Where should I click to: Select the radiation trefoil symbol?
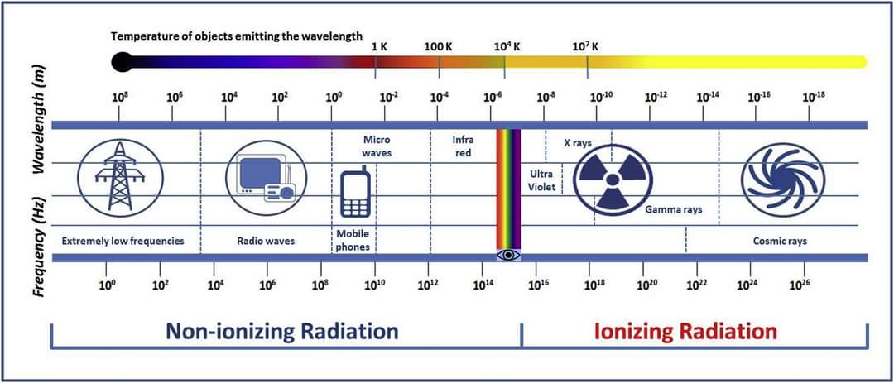tap(612, 180)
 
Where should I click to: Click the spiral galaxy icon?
tap(781, 180)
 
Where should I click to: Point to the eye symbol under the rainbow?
tap(508, 255)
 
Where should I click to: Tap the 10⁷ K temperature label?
tap(585, 46)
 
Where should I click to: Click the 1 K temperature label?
tap(379, 46)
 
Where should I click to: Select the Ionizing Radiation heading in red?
tap(686, 331)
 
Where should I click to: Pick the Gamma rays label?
tap(673, 209)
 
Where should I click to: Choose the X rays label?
tap(578, 143)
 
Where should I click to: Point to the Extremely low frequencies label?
tap(123, 241)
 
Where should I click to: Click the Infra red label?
tap(463, 146)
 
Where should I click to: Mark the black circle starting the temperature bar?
tap(122, 61)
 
